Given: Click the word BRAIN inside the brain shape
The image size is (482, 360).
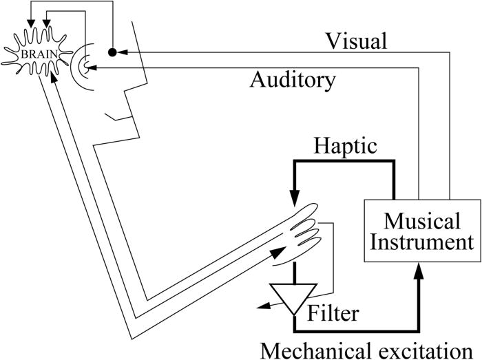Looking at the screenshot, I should pyautogui.click(x=35, y=50).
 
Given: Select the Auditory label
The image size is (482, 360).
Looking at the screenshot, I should pyautogui.click(x=293, y=81).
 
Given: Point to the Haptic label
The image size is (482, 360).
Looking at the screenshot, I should pyautogui.click(x=344, y=147).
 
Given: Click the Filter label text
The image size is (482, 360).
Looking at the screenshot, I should pyautogui.click(x=333, y=314).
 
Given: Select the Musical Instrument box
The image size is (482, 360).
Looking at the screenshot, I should pyautogui.click(x=420, y=232).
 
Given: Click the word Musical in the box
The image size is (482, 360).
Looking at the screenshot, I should pyautogui.click(x=420, y=222).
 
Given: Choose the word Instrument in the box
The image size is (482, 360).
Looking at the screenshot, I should pyautogui.click(x=420, y=242).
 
